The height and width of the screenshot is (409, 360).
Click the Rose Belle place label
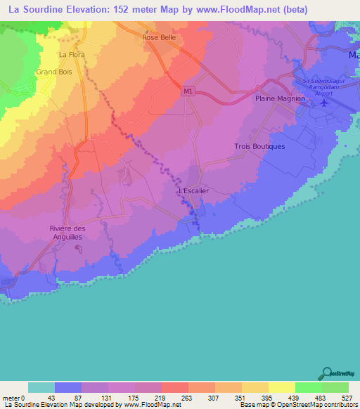pyautogui.click(x=158, y=37)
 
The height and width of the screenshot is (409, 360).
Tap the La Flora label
pyautogui.click(x=70, y=54)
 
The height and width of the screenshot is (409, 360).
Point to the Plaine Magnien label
pyautogui.click(x=279, y=99)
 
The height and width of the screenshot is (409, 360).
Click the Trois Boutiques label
pyautogui.click(x=259, y=146)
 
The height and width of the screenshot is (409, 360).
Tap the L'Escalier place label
pyautogui.click(x=193, y=190)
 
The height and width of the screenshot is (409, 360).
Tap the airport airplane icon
pyautogui.click(x=324, y=103)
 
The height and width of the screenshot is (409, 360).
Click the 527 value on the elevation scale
pyautogui.click(x=348, y=397)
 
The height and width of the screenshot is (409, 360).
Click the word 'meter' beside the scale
pyautogui.click(x=10, y=397)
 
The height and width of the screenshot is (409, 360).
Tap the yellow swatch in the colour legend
pyautogui.click(x=281, y=387)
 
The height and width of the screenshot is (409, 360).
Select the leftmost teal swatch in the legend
pyautogui.click(x=41, y=387)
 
